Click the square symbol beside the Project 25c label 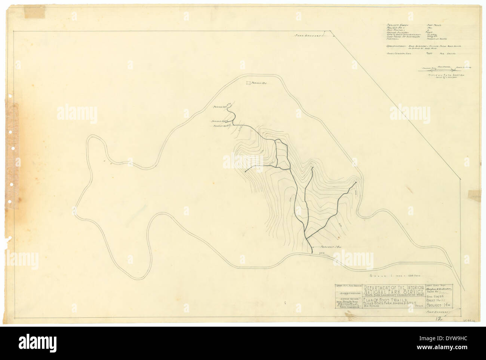click(x=248, y=83)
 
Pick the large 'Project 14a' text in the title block click(x=445, y=305)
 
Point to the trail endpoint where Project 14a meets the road click(x=312, y=253)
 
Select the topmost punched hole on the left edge click(x=13, y=149)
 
